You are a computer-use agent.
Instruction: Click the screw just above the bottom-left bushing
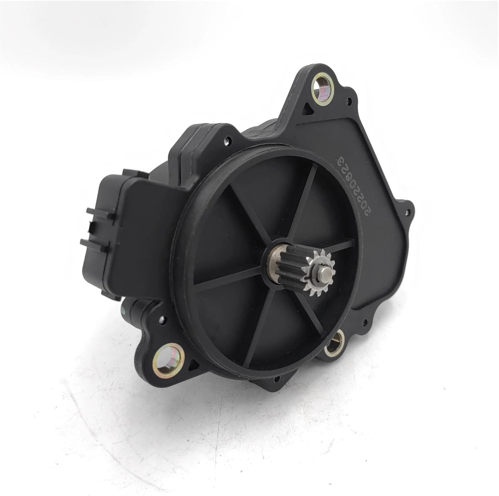point(161,319)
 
